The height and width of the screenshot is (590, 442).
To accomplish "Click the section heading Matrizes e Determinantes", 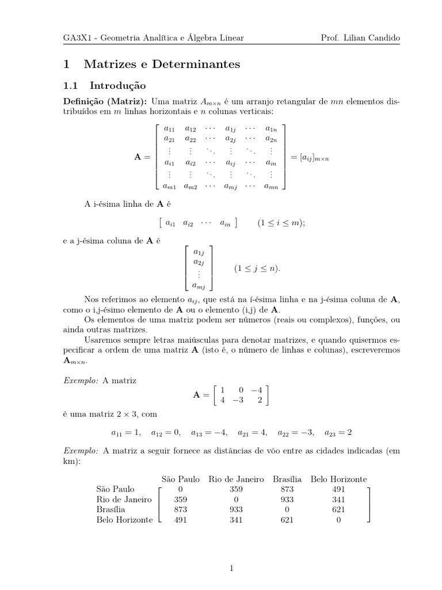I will (162, 65).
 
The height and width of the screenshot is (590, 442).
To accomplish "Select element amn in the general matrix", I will (271, 186).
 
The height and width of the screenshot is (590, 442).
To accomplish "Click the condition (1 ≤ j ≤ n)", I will (257, 268).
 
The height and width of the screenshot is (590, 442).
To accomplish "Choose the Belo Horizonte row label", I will (124, 520).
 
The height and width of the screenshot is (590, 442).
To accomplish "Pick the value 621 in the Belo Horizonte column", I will (338, 509).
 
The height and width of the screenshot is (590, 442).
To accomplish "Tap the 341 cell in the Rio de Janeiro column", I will (236, 520).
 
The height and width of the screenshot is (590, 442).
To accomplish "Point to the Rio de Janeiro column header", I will (236, 479).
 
